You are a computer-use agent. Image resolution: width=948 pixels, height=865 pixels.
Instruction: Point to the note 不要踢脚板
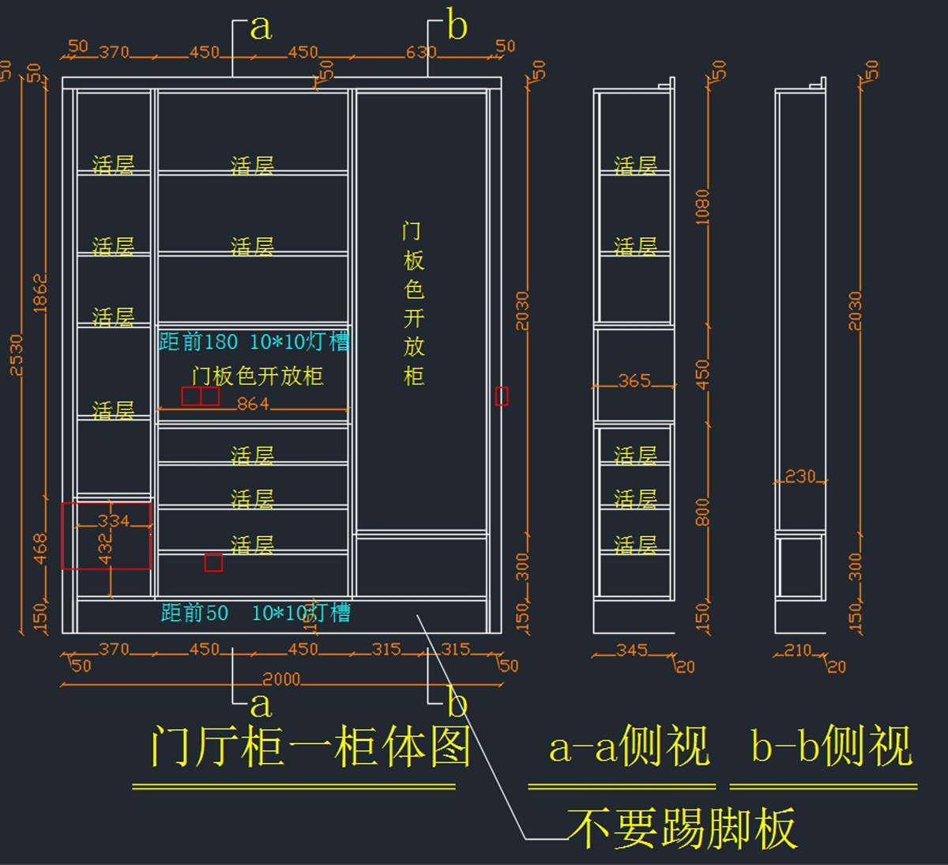(x=681, y=829)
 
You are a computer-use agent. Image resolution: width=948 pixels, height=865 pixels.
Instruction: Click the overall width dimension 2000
(x=281, y=679)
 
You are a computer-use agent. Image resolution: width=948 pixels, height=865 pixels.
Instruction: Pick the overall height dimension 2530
(x=16, y=355)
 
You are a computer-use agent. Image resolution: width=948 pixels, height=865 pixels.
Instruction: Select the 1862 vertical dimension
(x=40, y=293)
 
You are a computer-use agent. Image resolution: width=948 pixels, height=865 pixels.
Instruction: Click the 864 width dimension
(x=253, y=404)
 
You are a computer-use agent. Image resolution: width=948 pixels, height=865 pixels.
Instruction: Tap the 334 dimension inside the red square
(x=113, y=520)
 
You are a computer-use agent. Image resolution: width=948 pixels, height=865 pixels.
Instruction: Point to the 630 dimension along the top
(x=421, y=52)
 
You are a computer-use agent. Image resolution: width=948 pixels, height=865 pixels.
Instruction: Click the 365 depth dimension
(x=634, y=381)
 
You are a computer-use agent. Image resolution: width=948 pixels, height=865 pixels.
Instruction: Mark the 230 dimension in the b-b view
(x=799, y=476)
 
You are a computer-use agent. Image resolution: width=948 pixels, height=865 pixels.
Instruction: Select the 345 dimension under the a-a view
(x=632, y=650)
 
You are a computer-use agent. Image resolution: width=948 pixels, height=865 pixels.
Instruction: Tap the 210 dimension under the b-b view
(x=797, y=650)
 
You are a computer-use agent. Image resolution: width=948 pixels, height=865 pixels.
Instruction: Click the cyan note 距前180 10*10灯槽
(x=254, y=342)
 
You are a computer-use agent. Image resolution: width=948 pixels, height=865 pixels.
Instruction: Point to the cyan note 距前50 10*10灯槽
(x=255, y=613)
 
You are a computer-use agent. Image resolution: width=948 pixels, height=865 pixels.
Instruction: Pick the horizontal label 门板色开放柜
(x=258, y=376)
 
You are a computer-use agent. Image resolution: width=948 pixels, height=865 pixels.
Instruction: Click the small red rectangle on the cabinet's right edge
(x=502, y=396)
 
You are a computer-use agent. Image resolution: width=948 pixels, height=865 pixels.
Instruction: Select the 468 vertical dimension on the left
(x=40, y=549)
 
